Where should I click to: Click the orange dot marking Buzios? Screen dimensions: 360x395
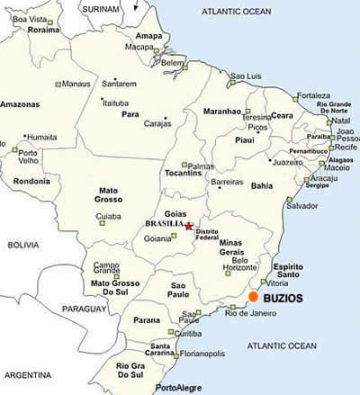254,296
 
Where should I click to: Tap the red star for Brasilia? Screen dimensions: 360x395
188,227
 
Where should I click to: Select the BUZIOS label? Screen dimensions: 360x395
283,296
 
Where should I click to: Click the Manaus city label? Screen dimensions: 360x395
76,84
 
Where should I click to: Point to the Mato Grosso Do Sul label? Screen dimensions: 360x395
115,288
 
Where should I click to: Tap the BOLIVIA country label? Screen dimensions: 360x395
24,244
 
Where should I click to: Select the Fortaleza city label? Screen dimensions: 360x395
314,95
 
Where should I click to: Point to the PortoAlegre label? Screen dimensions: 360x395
178,388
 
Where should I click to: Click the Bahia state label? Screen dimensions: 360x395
261,185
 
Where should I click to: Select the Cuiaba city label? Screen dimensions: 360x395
108,216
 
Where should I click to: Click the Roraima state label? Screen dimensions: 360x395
42,29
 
